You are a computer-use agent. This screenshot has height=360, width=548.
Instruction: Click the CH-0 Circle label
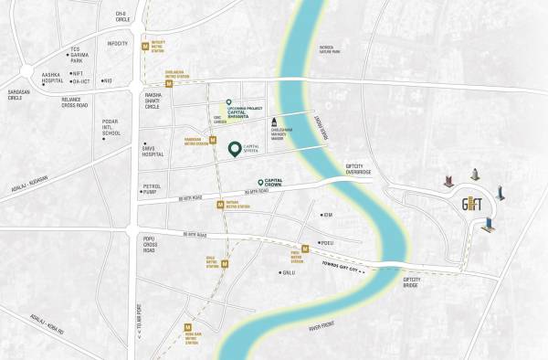121,16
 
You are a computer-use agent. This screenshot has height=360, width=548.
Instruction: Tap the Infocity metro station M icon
146,44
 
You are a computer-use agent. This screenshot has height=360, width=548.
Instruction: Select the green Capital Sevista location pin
235,149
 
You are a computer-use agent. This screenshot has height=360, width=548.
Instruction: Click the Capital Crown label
280,183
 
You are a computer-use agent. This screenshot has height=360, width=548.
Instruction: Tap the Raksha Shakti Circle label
148,101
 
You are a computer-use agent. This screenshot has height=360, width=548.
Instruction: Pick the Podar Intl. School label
111,126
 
